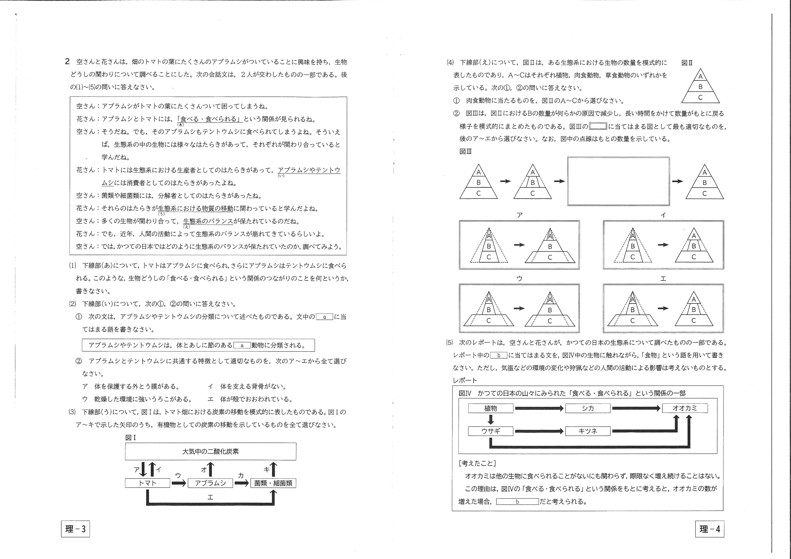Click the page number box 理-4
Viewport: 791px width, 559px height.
click(710, 529)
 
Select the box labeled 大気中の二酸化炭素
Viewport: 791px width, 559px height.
click(210, 451)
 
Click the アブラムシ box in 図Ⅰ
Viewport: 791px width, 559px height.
click(210, 483)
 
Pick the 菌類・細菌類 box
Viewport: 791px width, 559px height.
click(273, 483)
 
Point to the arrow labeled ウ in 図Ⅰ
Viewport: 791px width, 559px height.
click(178, 483)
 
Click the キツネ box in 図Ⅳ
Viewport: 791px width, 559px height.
click(588, 431)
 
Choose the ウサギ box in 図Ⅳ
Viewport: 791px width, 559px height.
click(491, 431)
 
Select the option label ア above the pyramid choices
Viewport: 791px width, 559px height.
click(519, 215)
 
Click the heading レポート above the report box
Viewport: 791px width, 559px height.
click(465, 380)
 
